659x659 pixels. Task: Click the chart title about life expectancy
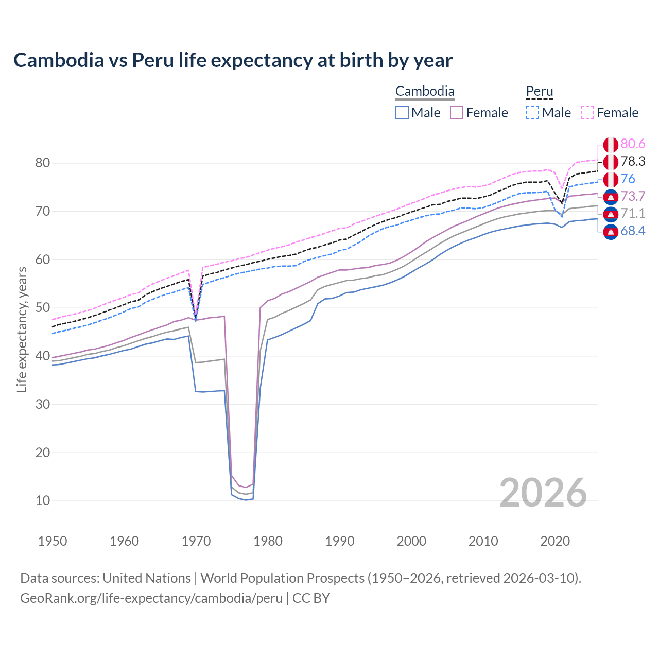tap(233, 60)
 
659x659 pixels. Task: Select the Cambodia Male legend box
tap(402, 113)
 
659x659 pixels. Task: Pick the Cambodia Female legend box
tap(457, 113)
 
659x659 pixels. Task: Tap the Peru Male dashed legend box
tap(532, 113)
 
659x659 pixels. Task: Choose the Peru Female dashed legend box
tap(587, 113)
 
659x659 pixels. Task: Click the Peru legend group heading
tap(539, 92)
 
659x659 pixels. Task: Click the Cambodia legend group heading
tap(425, 92)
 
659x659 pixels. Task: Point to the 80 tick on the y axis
tap(43, 163)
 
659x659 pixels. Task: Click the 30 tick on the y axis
tap(43, 404)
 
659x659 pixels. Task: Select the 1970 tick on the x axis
tap(196, 541)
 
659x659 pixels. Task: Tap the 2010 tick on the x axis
tap(483, 541)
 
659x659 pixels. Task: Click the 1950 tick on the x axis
tap(53, 541)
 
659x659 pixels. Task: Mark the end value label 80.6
tap(633, 144)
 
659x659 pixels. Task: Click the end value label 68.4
tap(633, 231)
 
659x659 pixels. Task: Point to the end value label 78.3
tap(633, 162)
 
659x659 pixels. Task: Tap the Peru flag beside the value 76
tap(611, 180)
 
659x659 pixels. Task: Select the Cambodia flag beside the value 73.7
tap(611, 197)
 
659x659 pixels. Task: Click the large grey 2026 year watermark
tap(543, 493)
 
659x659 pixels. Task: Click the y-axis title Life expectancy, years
tap(22, 329)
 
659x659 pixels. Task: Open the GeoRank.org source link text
tap(151, 598)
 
